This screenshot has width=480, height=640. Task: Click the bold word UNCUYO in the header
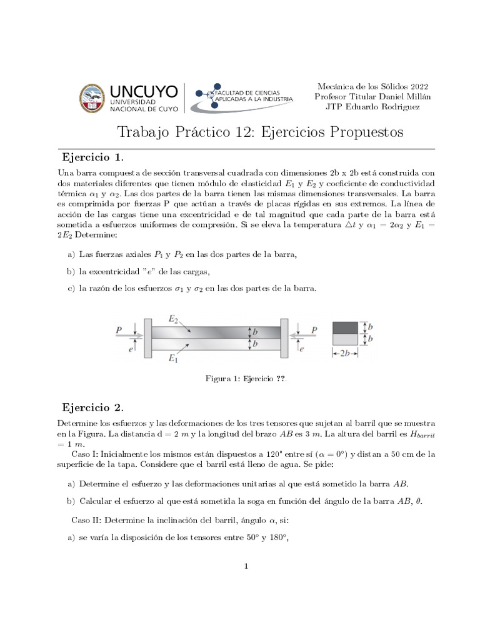click(144, 89)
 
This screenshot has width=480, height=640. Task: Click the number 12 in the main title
click(247, 132)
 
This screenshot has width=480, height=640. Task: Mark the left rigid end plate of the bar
click(147, 338)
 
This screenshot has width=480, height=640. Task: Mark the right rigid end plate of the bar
click(284, 338)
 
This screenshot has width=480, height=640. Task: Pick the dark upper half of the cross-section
click(346, 327)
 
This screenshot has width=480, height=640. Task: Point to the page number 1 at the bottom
click(247, 566)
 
